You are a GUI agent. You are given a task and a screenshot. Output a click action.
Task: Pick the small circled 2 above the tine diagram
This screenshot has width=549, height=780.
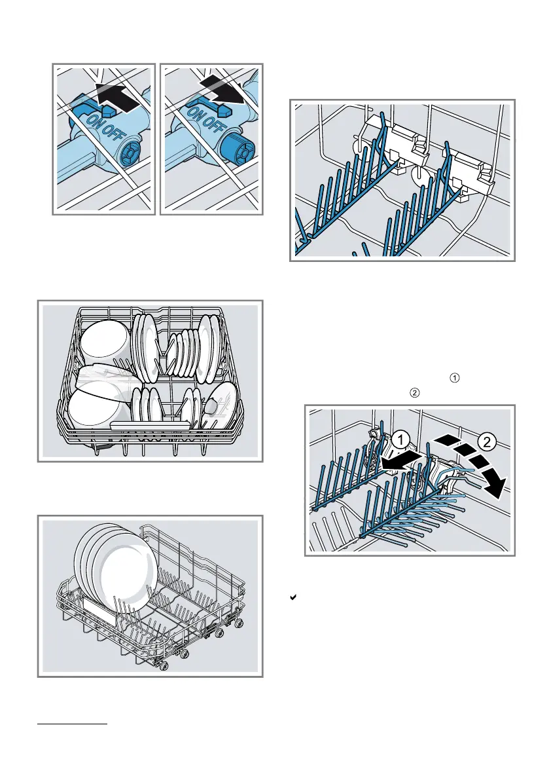[414, 393]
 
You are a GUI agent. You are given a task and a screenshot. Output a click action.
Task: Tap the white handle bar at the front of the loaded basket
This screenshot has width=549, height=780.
[151, 426]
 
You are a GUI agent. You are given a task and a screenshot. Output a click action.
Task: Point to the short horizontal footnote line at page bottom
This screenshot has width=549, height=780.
[71, 724]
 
